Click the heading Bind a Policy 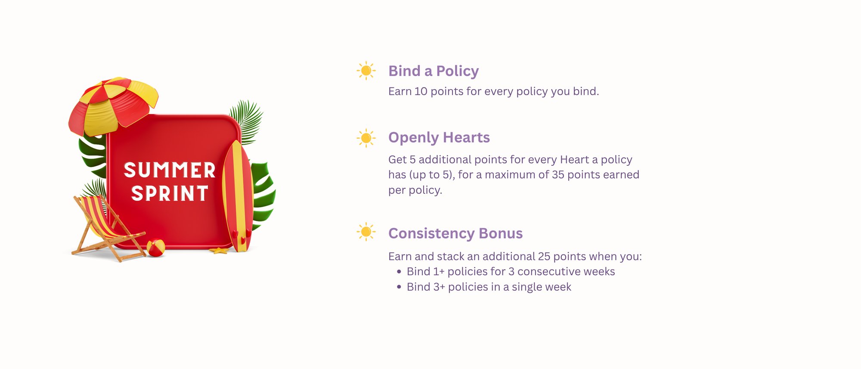pos(434,71)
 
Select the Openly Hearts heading pos(439,138)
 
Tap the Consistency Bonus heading pos(455,233)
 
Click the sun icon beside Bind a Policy pos(366,71)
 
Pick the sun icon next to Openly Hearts pos(366,138)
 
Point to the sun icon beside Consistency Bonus pos(366,232)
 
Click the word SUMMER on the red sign pos(170,170)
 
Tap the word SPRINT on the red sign pos(170,193)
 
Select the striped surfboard pos(237,196)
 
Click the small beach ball pos(155,248)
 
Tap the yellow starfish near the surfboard pos(219,250)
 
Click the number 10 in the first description pos(421,91)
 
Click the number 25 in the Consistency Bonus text pos(544,257)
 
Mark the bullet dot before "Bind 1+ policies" pos(399,272)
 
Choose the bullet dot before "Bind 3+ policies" pos(399,287)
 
